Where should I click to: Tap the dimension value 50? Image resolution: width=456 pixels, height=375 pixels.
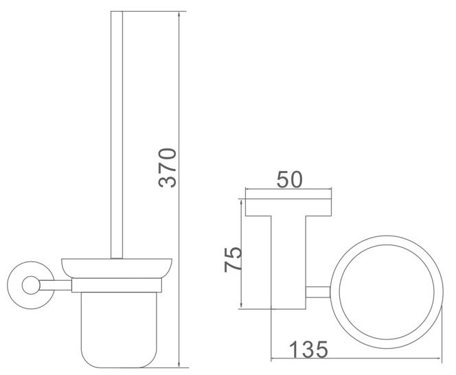click(x=288, y=181)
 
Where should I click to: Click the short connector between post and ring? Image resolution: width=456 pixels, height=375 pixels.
click(x=317, y=291)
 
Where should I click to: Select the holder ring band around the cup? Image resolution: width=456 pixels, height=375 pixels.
click(x=113, y=282)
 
